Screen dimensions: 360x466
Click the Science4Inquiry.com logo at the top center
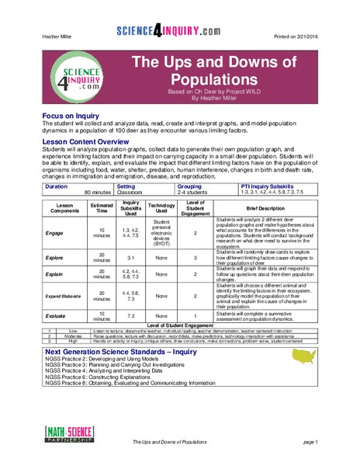tap(179, 31)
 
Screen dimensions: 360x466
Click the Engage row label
tap(56, 232)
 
